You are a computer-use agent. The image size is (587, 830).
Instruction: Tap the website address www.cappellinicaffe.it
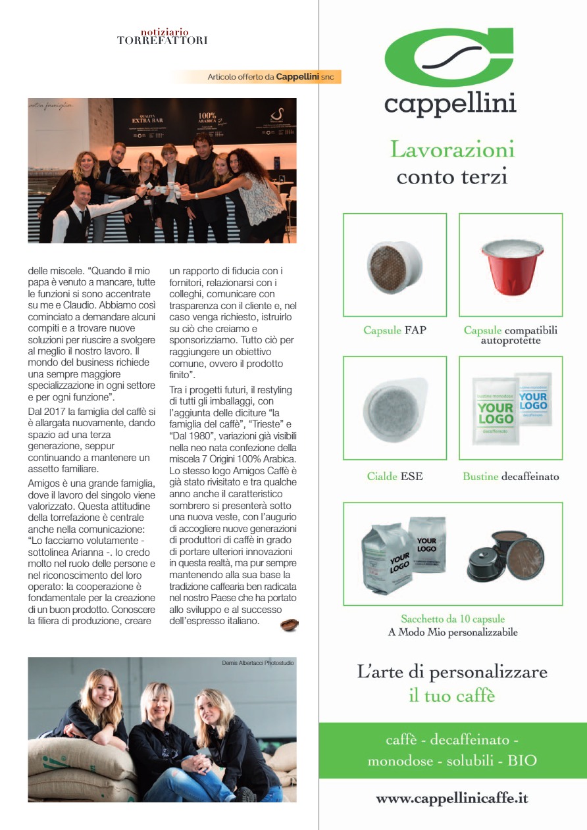(x=452, y=799)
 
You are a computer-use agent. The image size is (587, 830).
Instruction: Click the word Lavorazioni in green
(x=453, y=149)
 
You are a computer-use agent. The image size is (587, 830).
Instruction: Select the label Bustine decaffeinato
(x=511, y=476)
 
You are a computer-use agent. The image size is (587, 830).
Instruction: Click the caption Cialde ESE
(x=394, y=476)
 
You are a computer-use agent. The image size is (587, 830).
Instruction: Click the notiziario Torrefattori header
(x=162, y=36)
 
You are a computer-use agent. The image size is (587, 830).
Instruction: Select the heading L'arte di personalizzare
(x=452, y=672)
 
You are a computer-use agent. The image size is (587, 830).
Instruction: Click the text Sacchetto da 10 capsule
(x=453, y=619)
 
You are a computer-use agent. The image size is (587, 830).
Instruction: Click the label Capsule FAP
(x=394, y=330)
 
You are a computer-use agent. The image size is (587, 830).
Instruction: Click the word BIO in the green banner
(x=523, y=760)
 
